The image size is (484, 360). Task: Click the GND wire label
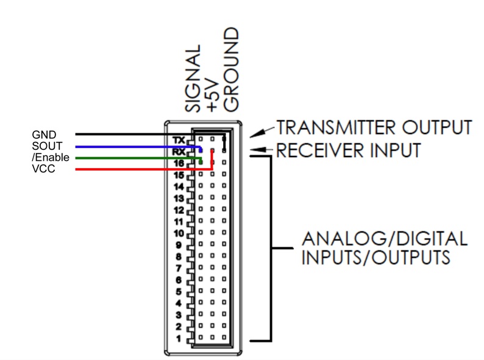[x=44, y=135]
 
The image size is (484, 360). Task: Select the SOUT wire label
[x=47, y=146]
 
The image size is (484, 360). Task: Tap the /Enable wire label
[x=51, y=157]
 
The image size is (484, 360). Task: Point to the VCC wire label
[x=43, y=169]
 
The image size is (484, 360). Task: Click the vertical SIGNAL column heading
[x=193, y=79]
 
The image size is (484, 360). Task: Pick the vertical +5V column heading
[x=213, y=94]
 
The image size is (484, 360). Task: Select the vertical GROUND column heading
[x=231, y=69]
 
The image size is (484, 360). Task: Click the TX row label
[x=179, y=140]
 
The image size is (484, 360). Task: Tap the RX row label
[x=179, y=152]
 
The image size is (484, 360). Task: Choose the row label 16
[x=179, y=163]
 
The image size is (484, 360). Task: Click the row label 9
[x=179, y=245]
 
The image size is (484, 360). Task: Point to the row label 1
[x=179, y=339]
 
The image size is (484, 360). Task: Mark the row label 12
[x=179, y=210]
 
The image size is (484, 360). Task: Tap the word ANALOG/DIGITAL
[x=385, y=239]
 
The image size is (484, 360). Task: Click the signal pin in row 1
[x=201, y=337]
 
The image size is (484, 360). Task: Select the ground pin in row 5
[x=224, y=291]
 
